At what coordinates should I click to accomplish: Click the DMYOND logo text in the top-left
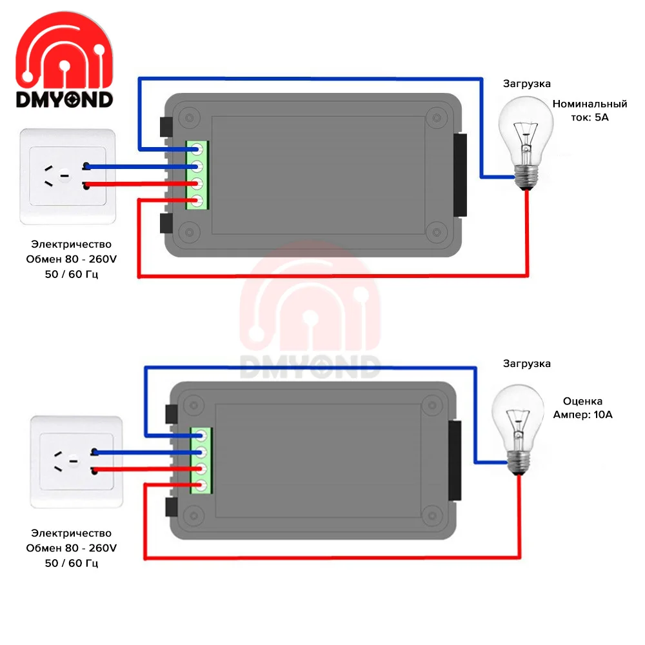[64, 99]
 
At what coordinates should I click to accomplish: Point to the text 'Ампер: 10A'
[582, 415]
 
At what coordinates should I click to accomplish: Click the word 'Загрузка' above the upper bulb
[527, 84]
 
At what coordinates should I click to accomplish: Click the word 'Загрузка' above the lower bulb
[527, 364]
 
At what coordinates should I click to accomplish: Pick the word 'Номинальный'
[590, 104]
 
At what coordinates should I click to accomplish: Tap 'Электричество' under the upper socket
[71, 244]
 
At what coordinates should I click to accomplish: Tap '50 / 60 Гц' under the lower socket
[71, 563]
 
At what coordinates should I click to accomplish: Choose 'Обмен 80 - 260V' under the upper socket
[71, 259]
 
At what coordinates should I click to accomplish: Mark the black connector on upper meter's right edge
[461, 175]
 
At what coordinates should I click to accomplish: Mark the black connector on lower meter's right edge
[455, 460]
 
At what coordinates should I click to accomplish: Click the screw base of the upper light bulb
[527, 177]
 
